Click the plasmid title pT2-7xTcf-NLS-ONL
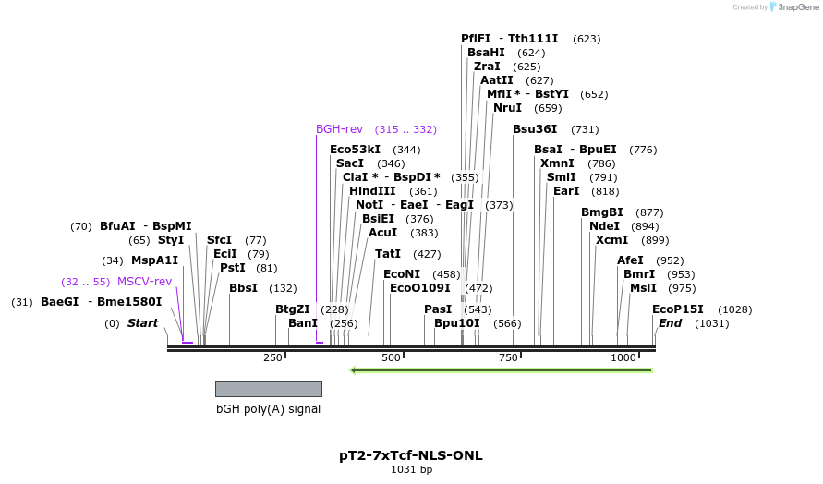pos(411,455)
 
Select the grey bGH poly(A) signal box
pos(268,389)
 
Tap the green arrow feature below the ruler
pos(502,370)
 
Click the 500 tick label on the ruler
pos(391,357)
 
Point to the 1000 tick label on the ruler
pos(623,357)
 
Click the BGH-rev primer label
pos(339,129)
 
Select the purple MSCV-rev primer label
pos(144,282)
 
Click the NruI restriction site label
pos(507,108)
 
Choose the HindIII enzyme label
pos(372,191)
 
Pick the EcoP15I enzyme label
pos(677,309)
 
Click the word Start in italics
pos(142,323)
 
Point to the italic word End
pos(670,323)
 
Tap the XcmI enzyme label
pos(611,240)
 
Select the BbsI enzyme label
pos(243,288)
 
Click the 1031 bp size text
pos(411,469)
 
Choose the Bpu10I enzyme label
pos(457,323)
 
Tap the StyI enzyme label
pos(171,240)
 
